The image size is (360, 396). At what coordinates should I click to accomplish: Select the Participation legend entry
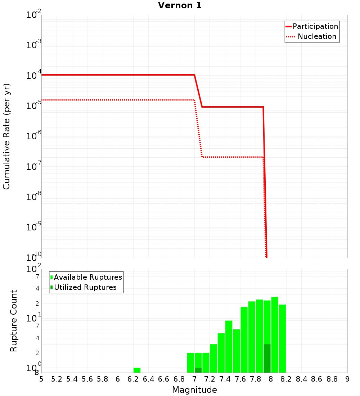pyautogui.click(x=312, y=26)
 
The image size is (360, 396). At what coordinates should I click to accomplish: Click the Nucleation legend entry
pyautogui.click(x=312, y=36)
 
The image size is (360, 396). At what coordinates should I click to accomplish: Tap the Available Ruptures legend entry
pyautogui.click(x=86, y=277)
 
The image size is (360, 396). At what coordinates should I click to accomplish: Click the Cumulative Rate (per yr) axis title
pyautogui.click(x=6, y=136)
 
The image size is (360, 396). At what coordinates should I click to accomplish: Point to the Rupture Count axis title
pyautogui.click(x=14, y=321)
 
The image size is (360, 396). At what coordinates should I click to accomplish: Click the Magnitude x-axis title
pyautogui.click(x=194, y=390)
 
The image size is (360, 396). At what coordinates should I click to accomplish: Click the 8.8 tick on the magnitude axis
pyautogui.click(x=332, y=379)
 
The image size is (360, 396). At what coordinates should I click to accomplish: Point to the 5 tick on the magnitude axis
pyautogui.click(x=41, y=379)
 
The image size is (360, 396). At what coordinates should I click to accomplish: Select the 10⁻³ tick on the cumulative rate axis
pyautogui.click(x=34, y=45)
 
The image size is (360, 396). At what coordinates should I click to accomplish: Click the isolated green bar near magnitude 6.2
pyautogui.click(x=137, y=370)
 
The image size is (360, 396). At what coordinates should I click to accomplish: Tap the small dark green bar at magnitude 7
pyautogui.click(x=198, y=370)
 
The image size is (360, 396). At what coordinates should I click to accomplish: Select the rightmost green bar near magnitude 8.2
pyautogui.click(x=282, y=338)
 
